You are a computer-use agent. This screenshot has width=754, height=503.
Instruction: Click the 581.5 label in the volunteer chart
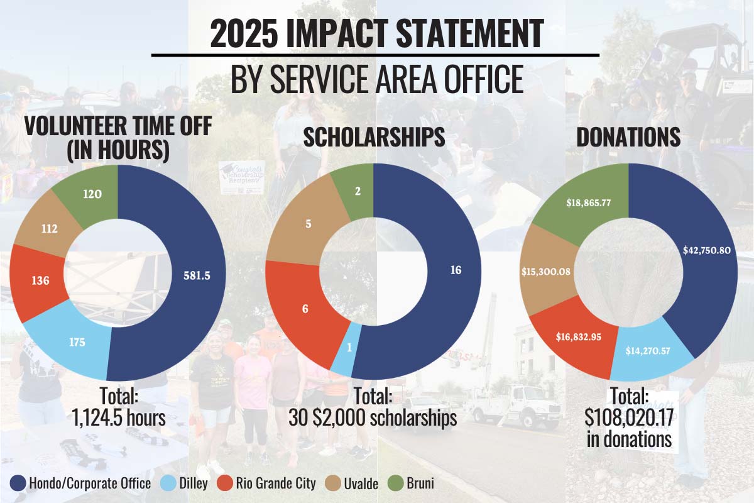click(197, 275)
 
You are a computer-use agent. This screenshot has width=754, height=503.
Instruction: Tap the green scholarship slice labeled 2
click(358, 191)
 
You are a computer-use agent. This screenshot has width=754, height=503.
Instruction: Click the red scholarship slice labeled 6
click(305, 309)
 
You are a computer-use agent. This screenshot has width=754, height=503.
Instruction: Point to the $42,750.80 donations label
click(706, 250)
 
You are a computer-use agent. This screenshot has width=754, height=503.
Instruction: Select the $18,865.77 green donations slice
click(588, 203)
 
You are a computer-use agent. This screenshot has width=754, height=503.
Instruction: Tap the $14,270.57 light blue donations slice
click(648, 351)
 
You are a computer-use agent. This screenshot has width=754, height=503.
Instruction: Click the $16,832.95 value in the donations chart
click(578, 337)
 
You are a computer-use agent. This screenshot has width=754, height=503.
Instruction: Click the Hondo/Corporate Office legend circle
click(18, 484)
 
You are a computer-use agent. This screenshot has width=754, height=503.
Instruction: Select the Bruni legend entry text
click(420, 484)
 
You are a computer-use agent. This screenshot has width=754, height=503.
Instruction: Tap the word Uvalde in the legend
click(361, 484)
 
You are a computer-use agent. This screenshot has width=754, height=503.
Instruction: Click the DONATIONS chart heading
click(628, 137)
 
